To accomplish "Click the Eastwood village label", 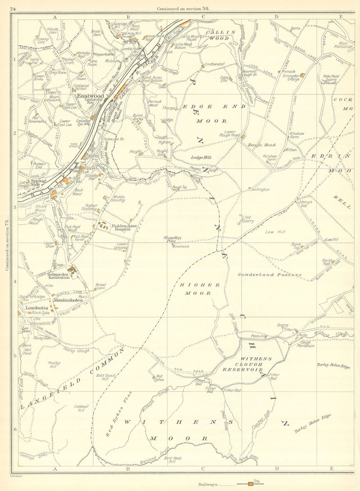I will pos(90,96).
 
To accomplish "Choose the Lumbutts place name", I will pos(34,308).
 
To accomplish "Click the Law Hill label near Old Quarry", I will pos(275,232).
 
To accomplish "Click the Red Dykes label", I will pos(158,378).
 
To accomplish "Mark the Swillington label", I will pos(260,190).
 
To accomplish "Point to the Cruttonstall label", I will pos(215,64).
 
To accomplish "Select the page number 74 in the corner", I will pos(14,9).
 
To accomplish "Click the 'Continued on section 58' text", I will pos(181,9).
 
